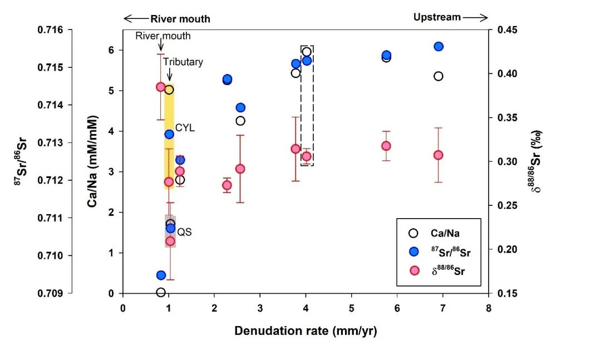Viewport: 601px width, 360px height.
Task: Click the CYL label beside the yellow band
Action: coord(185,128)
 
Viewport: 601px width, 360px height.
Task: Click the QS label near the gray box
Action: coord(185,232)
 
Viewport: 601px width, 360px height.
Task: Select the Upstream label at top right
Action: coord(437,17)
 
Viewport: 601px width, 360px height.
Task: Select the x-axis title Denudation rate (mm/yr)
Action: coord(306,331)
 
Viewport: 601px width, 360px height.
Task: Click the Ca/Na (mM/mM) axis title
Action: coord(92,161)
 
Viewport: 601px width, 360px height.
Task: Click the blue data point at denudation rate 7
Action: coord(439,46)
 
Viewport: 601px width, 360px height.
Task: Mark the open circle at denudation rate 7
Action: coord(439,76)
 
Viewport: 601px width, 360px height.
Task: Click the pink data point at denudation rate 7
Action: coord(439,155)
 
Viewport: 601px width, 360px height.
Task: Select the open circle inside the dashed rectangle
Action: coord(307,52)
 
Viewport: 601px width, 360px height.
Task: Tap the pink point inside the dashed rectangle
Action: coord(307,156)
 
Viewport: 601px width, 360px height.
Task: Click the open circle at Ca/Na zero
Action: coord(161,292)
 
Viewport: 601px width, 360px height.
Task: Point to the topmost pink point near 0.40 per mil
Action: coord(161,87)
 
